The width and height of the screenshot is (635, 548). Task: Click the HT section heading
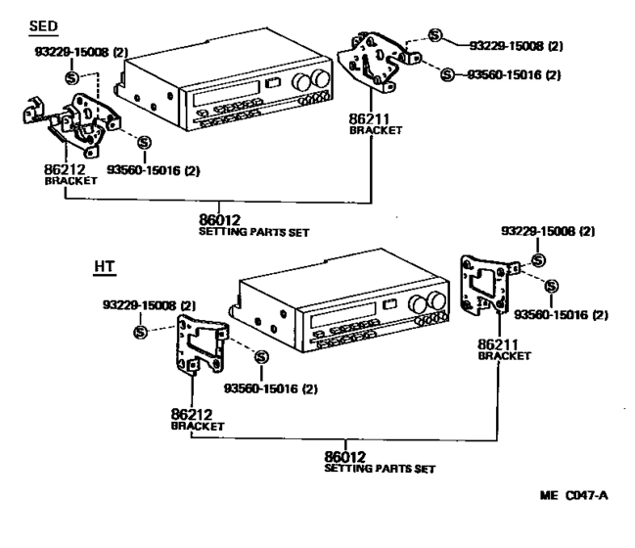104,266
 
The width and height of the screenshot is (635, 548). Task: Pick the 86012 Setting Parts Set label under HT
379,461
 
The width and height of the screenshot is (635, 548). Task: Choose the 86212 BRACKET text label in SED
70,174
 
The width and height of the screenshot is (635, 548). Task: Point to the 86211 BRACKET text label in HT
503,349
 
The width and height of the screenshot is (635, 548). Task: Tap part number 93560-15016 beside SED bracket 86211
523,74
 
